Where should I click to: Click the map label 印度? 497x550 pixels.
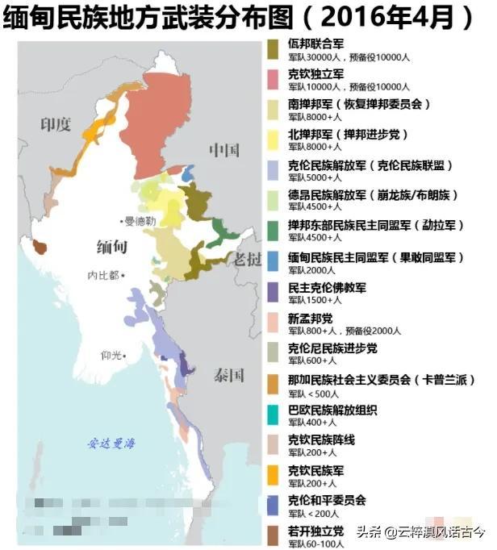pos(56,123)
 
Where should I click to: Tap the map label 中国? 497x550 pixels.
pos(224,150)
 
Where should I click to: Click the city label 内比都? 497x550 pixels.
pos(103,275)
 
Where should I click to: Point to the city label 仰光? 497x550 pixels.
pos(111,355)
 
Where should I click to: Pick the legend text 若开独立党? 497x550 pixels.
pos(315,531)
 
